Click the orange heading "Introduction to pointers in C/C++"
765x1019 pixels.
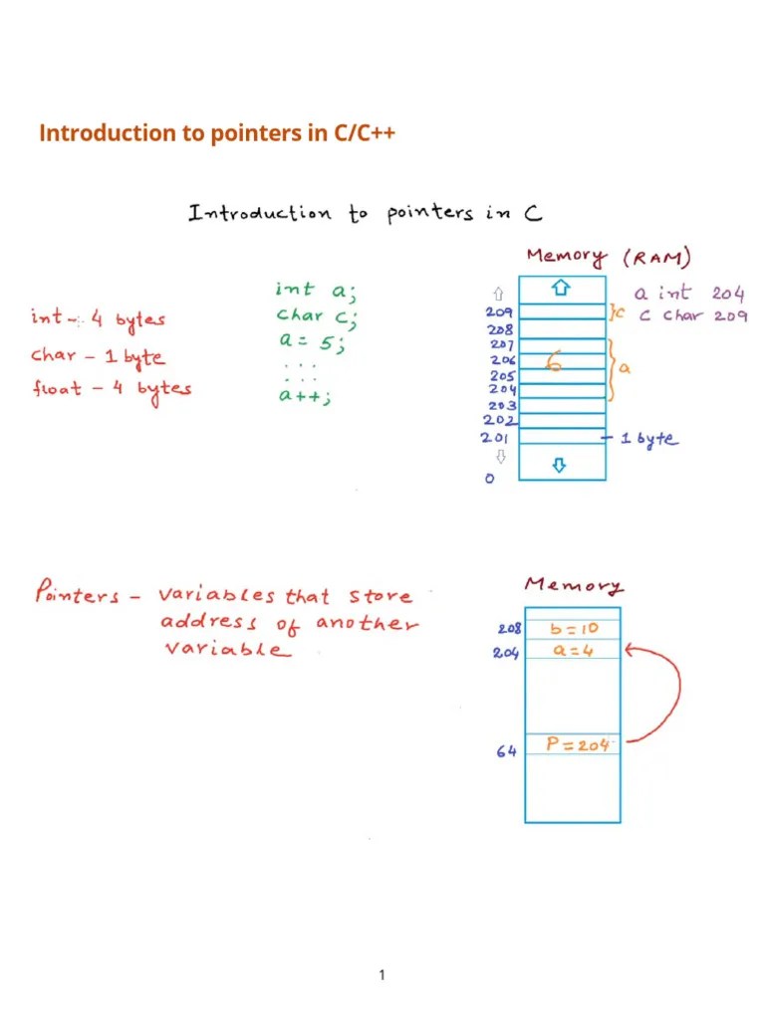pos(217,133)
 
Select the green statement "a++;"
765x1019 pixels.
pos(304,396)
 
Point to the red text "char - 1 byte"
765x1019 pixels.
pos(98,355)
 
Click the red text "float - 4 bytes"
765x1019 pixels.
pos(111,388)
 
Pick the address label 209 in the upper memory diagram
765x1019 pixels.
pos(499,311)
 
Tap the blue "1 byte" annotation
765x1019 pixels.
pos(648,438)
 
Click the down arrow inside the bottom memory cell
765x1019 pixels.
pos(561,465)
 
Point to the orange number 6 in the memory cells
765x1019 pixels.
pos(558,365)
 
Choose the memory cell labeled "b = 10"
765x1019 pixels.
pos(572,629)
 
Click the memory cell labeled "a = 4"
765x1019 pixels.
pos(572,650)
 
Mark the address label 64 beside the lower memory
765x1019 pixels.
pos(505,752)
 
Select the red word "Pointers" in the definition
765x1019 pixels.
pos(76,596)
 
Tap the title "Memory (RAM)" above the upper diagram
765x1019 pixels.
pos(607,257)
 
